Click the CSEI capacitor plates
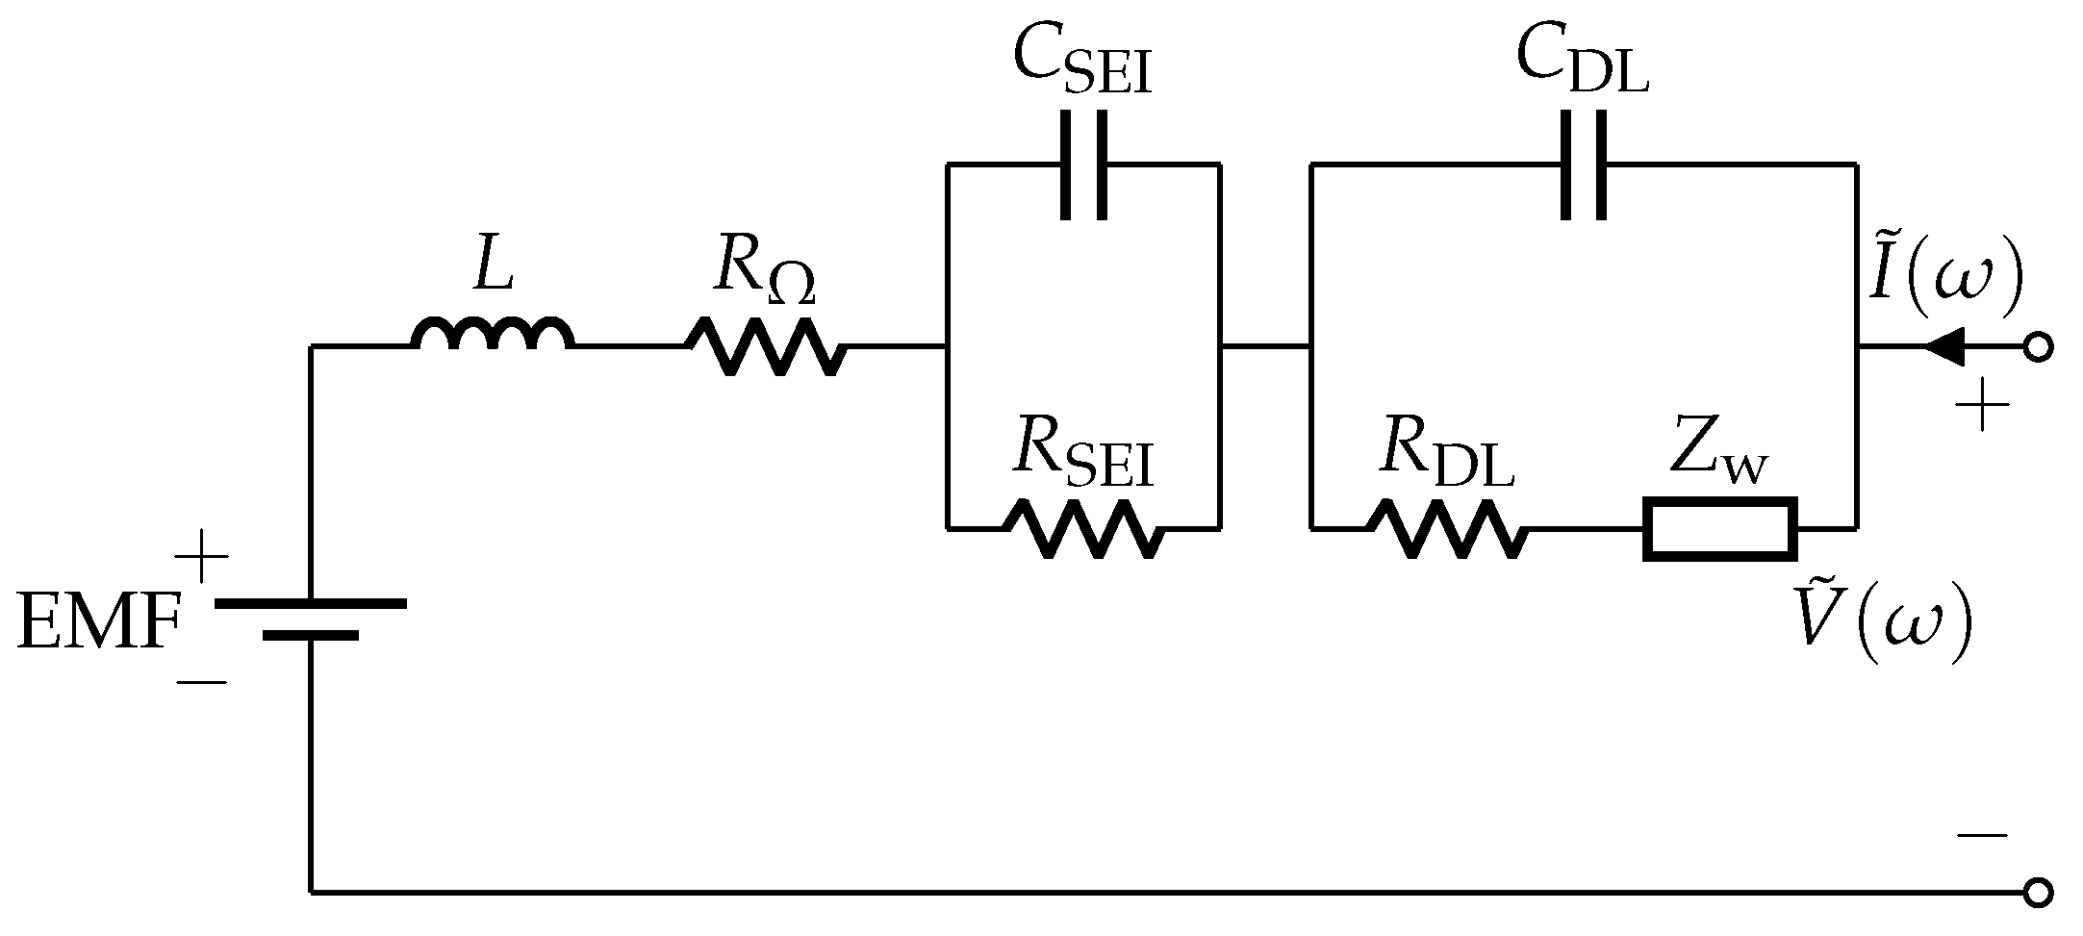tap(1084, 164)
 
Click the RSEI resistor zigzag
tap(1083, 528)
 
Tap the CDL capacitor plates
tap(1583, 164)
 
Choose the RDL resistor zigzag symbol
tap(1446, 528)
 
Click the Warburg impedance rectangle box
tap(1719, 528)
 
